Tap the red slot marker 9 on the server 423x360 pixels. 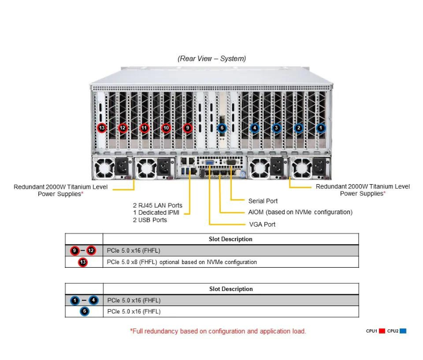tap(188, 128)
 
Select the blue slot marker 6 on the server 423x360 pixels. tap(222, 128)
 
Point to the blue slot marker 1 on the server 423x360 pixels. tap(320, 128)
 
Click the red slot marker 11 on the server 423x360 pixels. tap(144, 128)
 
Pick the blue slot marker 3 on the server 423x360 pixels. tap(276, 128)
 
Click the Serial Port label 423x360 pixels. tap(263, 201)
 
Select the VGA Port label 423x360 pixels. tap(262, 225)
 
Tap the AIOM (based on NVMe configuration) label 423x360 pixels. tap(301, 212)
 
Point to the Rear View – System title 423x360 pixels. tap(212, 59)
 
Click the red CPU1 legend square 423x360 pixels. tap(382, 331)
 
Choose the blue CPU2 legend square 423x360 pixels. tap(403, 331)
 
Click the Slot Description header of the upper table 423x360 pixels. tap(231, 239)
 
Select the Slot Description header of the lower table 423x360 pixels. tap(231, 289)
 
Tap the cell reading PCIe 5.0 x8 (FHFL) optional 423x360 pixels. tap(181, 262)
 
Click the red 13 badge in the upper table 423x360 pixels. tap(83, 262)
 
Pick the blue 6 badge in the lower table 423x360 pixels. tap(84, 311)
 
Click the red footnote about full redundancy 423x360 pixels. tap(218, 331)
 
